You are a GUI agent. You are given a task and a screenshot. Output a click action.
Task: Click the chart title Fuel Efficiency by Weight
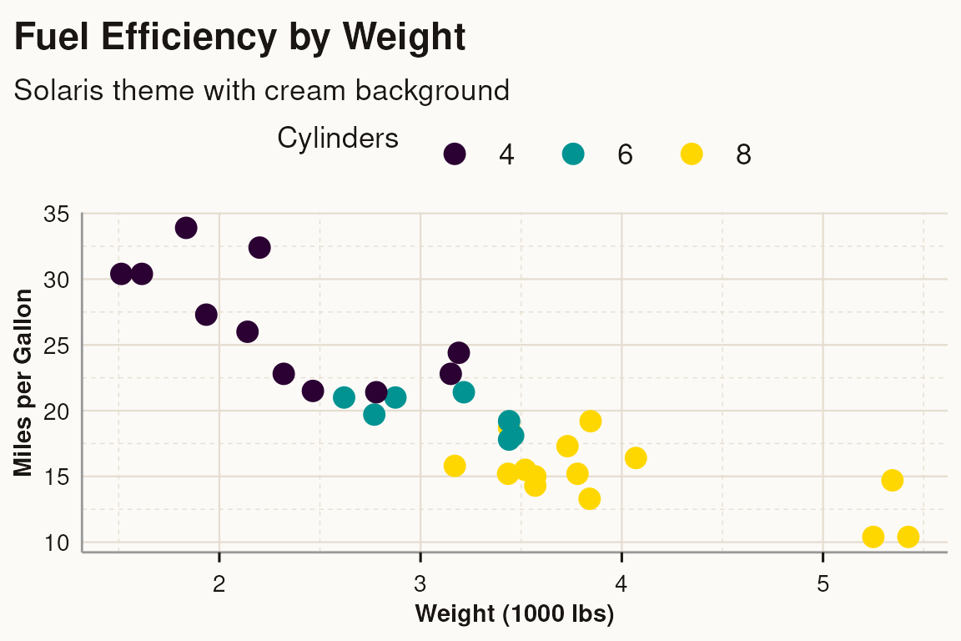239,38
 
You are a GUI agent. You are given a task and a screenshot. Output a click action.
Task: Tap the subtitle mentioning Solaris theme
261,89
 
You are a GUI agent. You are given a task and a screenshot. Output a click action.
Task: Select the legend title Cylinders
337,139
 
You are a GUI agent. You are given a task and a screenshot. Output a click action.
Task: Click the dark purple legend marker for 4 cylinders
455,154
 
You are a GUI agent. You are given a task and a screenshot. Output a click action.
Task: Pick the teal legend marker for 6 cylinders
573,154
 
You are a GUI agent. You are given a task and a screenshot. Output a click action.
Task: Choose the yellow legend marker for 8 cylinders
692,154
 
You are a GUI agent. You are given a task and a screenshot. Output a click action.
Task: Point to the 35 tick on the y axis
56,214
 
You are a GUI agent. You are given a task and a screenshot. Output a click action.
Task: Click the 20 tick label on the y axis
56,411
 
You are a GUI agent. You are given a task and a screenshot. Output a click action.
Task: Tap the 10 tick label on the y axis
56,543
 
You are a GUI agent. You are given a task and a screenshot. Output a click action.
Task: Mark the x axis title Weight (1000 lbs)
515,615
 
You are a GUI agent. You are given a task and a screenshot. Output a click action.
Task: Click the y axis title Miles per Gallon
24,382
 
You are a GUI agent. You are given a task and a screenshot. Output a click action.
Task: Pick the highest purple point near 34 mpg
186,227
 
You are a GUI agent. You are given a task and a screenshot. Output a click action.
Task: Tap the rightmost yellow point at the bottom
908,537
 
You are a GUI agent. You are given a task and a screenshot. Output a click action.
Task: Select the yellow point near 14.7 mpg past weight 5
892,480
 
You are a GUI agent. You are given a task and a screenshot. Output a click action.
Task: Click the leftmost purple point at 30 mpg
121,274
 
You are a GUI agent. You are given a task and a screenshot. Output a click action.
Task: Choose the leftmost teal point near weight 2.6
344,397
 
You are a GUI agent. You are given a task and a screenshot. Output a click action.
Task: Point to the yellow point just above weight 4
636,457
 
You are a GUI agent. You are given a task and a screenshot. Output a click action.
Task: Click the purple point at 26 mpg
247,331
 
